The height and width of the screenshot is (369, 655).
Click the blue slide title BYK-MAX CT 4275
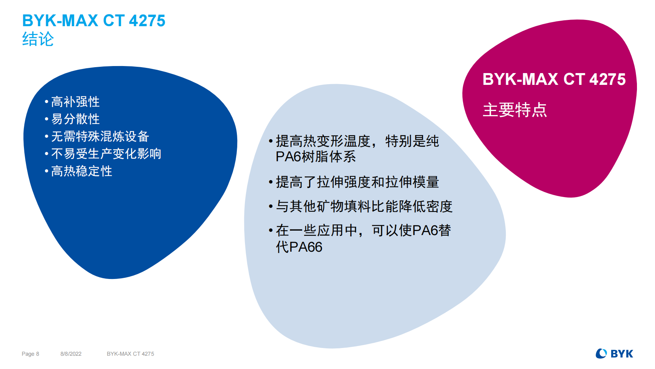[x=94, y=21]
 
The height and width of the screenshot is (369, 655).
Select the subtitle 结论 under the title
[x=38, y=39]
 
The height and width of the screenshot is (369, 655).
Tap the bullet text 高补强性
[x=76, y=101]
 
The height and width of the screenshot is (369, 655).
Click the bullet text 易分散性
[x=76, y=119]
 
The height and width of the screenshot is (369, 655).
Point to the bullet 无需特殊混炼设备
[x=100, y=136]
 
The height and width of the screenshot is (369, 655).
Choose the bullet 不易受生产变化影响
[x=106, y=154]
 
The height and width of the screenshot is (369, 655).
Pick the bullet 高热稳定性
[x=82, y=171]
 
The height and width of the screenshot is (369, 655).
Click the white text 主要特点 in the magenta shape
[x=515, y=110]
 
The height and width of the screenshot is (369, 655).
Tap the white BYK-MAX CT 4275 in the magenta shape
[x=554, y=79]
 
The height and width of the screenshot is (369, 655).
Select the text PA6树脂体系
[x=316, y=157]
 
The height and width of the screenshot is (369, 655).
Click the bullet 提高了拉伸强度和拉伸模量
[x=357, y=182]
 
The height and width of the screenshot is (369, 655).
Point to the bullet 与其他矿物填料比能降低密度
[x=364, y=206]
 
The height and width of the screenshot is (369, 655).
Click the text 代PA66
[x=299, y=247]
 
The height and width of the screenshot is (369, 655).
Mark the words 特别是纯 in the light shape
[x=412, y=141]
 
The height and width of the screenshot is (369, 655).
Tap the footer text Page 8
[x=30, y=354]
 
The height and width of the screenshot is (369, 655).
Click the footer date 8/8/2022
[x=71, y=354]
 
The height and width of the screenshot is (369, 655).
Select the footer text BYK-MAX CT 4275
[x=130, y=354]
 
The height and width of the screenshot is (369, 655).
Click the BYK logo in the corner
[x=614, y=354]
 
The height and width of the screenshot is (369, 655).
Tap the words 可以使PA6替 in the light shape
[x=411, y=230]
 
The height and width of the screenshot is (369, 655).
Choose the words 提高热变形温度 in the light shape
[x=323, y=141]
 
